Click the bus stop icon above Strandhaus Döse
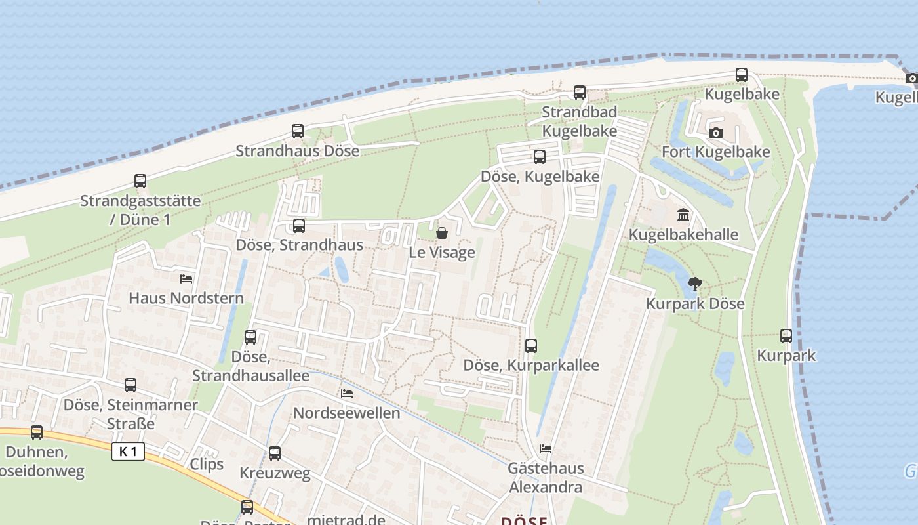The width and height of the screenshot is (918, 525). click(298, 131)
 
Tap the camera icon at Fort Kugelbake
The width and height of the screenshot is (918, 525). click(716, 133)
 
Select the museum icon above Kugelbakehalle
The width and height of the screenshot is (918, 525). click(683, 215)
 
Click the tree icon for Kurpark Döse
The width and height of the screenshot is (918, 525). click(695, 284)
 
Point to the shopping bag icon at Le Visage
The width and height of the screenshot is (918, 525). click(442, 233)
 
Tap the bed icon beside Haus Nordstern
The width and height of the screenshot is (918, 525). click(186, 278)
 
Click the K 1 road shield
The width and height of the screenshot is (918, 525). click(128, 451)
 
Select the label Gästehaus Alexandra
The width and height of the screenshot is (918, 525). click(546, 478)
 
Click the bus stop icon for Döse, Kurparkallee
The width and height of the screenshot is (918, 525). click(531, 345)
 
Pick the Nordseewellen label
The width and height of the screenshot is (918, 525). click(346, 413)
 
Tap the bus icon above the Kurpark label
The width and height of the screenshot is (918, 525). click(786, 336)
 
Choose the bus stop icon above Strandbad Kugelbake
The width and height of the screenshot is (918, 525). click(580, 93)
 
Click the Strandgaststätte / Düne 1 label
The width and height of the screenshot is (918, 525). click(140, 209)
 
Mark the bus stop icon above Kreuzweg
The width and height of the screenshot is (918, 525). click(275, 453)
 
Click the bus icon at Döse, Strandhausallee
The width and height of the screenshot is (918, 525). click(250, 337)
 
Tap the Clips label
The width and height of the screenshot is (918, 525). click(207, 464)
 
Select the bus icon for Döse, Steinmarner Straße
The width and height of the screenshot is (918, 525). click(130, 385)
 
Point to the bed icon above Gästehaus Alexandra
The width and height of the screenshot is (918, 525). click(545, 449)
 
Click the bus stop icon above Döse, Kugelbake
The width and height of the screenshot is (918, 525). click(540, 157)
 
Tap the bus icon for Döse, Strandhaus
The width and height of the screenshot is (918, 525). click(299, 226)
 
